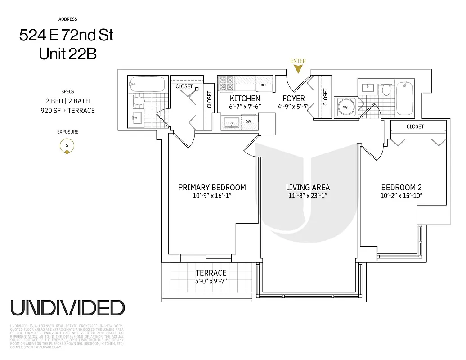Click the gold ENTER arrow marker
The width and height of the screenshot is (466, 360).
pyautogui.click(x=298, y=69)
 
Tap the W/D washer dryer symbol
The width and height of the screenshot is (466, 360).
pyautogui.click(x=346, y=107)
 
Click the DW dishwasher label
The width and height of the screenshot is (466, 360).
pyautogui.click(x=248, y=121)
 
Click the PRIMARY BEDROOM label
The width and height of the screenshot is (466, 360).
pyautogui.click(x=212, y=188)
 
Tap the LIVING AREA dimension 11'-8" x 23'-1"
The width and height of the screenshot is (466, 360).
pyautogui.click(x=308, y=196)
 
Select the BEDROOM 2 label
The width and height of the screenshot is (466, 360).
pyautogui.click(x=401, y=188)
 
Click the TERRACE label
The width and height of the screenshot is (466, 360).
pyautogui.click(x=211, y=273)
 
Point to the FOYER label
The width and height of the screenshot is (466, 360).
pyautogui.click(x=293, y=98)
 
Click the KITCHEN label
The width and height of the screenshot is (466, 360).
pyautogui.click(x=245, y=98)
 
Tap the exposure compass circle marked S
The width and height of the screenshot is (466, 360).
pyautogui.click(x=67, y=146)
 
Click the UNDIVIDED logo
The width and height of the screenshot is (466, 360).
pyautogui.click(x=67, y=308)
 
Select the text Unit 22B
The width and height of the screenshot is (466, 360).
pyautogui.click(x=67, y=54)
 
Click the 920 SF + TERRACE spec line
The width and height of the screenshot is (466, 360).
pyautogui.click(x=67, y=110)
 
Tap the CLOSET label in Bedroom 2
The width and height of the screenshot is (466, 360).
pyautogui.click(x=415, y=126)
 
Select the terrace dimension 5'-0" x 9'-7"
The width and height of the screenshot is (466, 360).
pyautogui.click(x=211, y=281)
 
